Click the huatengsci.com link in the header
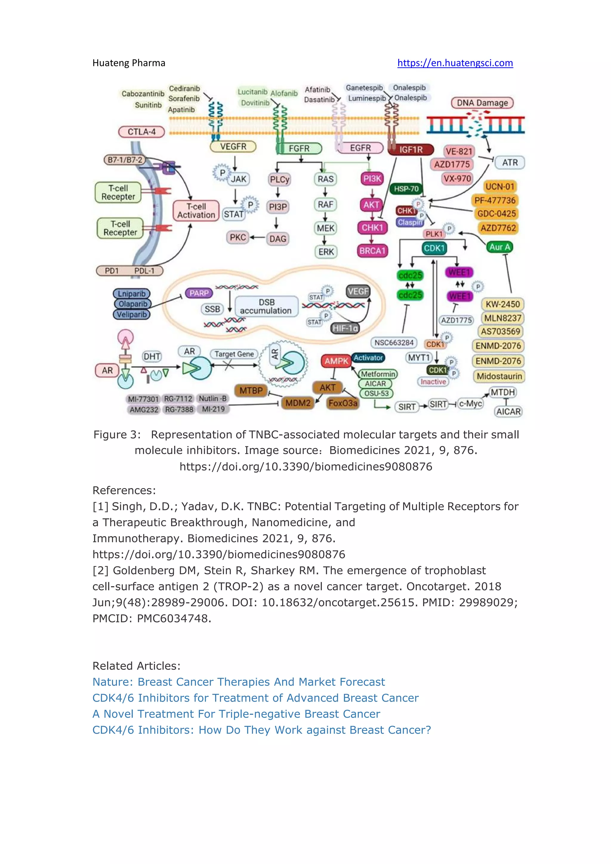tap(455, 63)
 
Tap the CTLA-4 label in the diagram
tap(141, 132)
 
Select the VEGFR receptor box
tap(233, 147)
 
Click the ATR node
tap(510, 163)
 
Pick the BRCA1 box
tap(372, 251)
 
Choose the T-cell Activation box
tap(196, 211)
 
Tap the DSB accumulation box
tap(266, 307)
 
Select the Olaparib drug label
tap(132, 304)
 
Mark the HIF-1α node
tap(345, 328)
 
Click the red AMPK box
tap(336, 361)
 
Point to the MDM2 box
tap(298, 403)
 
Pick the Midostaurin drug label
tap(499, 376)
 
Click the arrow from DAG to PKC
tap(257, 237)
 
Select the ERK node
tap(326, 252)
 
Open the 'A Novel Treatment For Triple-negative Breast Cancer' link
tap(236, 714)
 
